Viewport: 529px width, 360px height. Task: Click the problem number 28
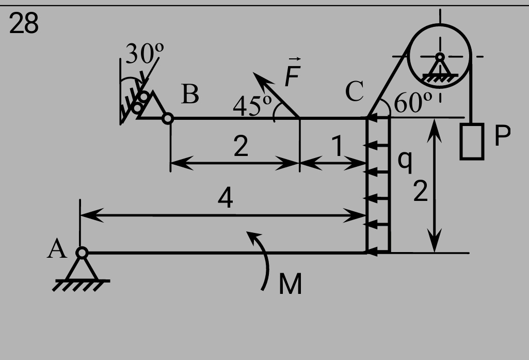24,23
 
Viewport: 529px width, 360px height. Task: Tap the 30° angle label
145,53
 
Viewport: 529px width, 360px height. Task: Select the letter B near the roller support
190,94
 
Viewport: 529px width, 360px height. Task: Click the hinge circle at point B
168,119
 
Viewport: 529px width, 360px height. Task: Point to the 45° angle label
252,105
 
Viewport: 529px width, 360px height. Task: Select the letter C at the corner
355,91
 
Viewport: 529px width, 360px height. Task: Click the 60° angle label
412,102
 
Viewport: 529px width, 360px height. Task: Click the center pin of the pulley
440,56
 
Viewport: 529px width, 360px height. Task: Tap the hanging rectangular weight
472,141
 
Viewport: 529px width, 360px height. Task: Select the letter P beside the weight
502,135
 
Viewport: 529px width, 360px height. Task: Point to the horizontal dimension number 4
226,197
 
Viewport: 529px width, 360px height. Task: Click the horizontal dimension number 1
337,146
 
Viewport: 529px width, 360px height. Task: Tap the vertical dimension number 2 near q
421,191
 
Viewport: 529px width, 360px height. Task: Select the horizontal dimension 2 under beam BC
241,146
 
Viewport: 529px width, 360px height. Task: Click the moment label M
290,284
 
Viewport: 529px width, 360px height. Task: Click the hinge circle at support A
82,253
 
